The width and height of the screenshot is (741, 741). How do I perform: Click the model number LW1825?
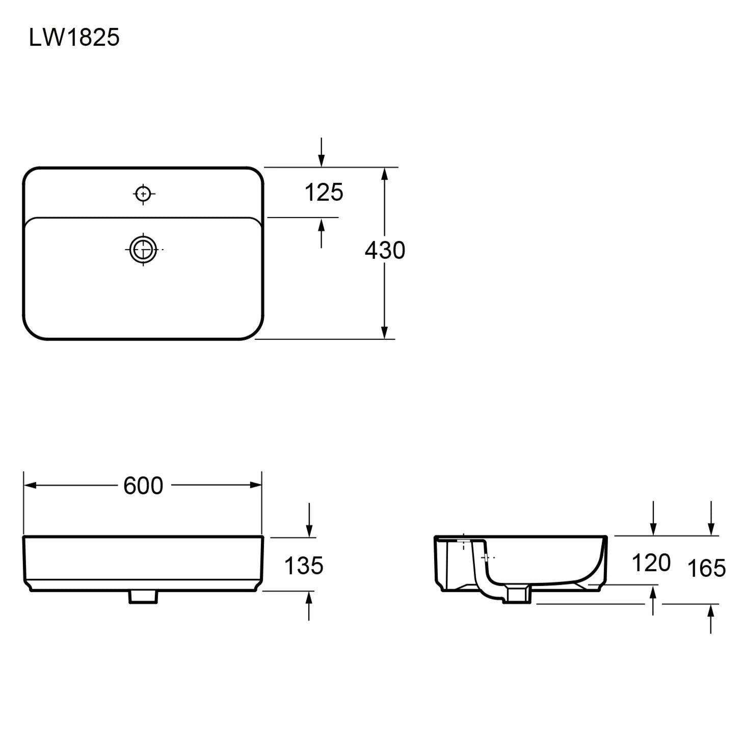74,38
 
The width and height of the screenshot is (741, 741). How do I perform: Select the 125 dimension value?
324,192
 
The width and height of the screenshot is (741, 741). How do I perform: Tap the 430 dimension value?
385,250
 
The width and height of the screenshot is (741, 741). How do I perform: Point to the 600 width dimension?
143,486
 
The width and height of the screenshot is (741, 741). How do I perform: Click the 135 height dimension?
304,566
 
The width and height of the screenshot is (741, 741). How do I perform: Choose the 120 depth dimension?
651,563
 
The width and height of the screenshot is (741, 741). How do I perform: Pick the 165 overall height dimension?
707,568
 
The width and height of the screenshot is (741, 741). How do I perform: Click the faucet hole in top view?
143,194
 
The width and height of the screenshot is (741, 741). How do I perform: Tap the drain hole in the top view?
143,250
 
